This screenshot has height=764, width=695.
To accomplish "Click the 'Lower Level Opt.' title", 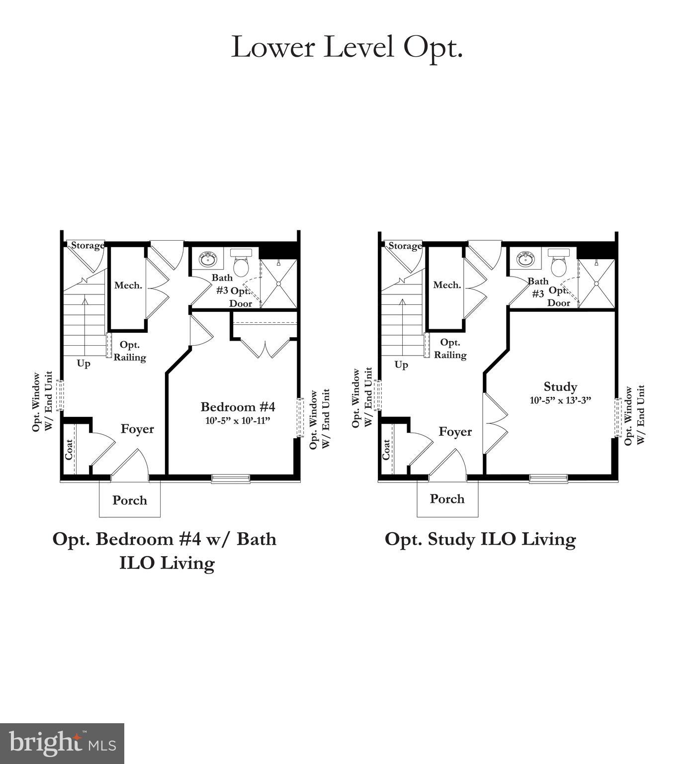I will tap(347, 47).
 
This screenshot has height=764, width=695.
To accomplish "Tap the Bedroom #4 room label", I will tap(238, 407).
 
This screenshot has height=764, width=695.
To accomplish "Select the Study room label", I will tap(560, 386).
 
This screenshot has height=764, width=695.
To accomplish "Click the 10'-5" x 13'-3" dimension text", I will tap(560, 399).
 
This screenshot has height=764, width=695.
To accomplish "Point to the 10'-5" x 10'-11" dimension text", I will tap(238, 421).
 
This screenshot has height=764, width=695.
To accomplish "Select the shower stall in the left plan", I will tap(278, 284).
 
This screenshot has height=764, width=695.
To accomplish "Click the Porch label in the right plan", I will tap(447, 499).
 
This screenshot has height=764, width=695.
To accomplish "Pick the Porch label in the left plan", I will tap(130, 500).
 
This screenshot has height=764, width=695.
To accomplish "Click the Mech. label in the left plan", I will tap(128, 286).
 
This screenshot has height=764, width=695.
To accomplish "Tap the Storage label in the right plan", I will tap(405, 246).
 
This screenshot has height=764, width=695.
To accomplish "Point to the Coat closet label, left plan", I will tap(69, 449).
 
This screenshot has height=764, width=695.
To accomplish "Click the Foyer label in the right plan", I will tap(455, 432).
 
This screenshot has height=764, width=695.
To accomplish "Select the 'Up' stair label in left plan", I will tap(84, 364).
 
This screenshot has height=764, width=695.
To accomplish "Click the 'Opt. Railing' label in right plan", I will tap(450, 349).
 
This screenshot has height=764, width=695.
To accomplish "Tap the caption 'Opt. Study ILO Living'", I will tap(480, 539).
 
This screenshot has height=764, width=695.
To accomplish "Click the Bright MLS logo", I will tap(62, 744).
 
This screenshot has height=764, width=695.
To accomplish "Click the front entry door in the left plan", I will tap(129, 465).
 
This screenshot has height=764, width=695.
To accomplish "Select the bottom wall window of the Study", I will tap(548, 478).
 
